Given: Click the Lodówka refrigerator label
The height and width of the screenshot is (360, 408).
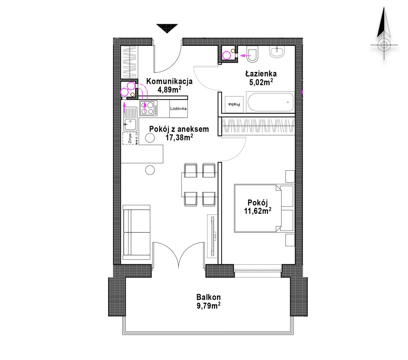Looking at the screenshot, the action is click(x=178, y=109).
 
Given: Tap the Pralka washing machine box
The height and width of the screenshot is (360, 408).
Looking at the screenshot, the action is click(x=234, y=104).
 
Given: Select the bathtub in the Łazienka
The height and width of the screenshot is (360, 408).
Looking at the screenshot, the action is click(x=270, y=102).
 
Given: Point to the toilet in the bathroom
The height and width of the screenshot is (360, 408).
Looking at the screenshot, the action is click(x=253, y=54).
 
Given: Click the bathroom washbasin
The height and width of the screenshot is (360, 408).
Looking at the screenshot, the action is click(x=277, y=52).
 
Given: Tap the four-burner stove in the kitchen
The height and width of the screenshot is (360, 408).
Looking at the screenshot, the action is click(x=149, y=108).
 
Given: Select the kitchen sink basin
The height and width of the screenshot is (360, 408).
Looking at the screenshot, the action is click(x=130, y=124).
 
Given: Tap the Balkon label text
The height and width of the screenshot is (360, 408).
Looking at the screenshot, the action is click(x=208, y=297).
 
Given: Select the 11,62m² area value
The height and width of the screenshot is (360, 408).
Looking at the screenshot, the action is click(x=258, y=211).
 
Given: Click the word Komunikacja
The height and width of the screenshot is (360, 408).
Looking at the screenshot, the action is click(x=169, y=81).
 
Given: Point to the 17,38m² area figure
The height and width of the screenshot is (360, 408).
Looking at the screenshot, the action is click(x=179, y=138).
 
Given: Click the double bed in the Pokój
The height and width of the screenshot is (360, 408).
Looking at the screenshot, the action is click(x=263, y=208).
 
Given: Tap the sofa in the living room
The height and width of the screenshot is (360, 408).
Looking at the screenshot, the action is click(x=137, y=232).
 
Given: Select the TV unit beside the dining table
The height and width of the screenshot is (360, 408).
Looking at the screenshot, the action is click(x=213, y=236).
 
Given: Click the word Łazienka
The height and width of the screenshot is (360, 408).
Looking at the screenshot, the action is click(x=261, y=74).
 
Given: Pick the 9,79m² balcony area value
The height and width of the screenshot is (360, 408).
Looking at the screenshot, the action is click(x=208, y=306).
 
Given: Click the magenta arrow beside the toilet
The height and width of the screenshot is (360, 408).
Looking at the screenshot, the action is click(x=246, y=55).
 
